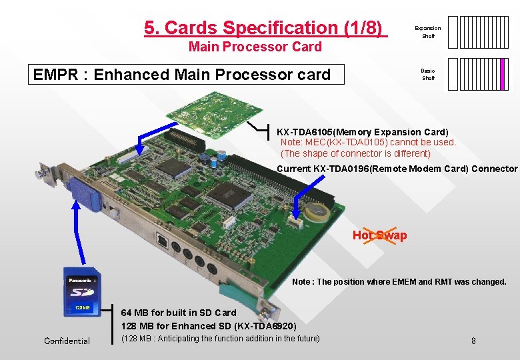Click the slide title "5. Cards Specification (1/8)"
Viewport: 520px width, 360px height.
pos(265,28)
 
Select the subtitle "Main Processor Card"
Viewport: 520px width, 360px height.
pos(255,47)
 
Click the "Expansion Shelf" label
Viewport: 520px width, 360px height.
pos(427,32)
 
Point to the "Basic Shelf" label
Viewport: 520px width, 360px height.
pos(427,74)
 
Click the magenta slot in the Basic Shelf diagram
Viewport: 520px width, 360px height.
pos(501,74)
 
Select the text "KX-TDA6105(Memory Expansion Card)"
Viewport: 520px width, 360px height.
pos(363,132)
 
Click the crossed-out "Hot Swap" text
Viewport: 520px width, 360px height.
pos(379,235)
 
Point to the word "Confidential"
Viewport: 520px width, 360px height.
pos(67,341)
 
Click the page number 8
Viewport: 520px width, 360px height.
pos(473,341)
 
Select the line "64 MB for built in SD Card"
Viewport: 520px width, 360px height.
pos(179,313)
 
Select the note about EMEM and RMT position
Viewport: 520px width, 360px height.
pos(399,282)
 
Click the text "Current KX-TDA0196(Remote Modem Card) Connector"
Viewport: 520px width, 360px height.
pos(397,169)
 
